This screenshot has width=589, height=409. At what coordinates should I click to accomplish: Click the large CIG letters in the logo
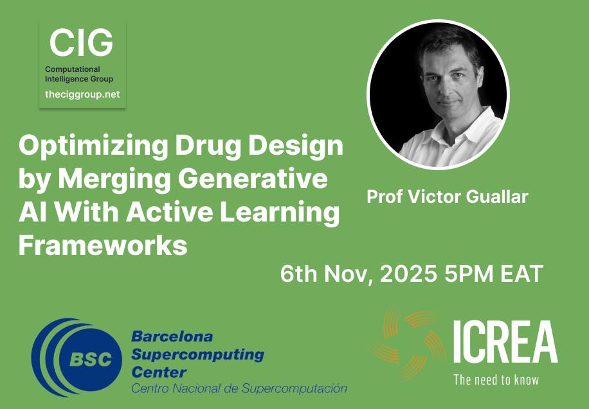pyautogui.click(x=81, y=43)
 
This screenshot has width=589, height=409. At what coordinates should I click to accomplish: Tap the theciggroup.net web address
pyautogui.click(x=82, y=94)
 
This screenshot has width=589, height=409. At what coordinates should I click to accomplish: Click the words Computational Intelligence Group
pyautogui.click(x=79, y=74)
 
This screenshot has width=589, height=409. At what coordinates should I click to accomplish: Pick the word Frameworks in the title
pyautogui.click(x=103, y=245)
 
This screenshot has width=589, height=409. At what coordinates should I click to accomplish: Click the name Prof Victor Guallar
pyautogui.click(x=447, y=196)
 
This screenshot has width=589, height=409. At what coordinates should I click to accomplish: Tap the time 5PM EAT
pyautogui.click(x=494, y=275)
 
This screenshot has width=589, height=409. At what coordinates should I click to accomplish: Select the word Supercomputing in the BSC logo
pyautogui.click(x=197, y=354)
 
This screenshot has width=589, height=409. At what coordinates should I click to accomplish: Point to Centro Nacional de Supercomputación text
pyautogui.click(x=239, y=388)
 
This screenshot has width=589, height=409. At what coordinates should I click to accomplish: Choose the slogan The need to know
pyautogui.click(x=496, y=379)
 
